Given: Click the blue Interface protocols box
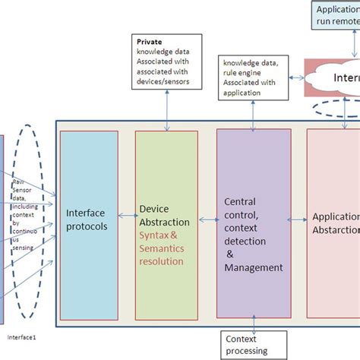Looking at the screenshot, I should [x=89, y=225].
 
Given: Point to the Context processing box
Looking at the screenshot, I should [x=248, y=345].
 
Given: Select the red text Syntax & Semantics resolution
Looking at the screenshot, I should [x=163, y=248].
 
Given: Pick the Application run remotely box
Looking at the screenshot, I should [x=335, y=14].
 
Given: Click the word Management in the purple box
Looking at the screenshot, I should [x=254, y=267].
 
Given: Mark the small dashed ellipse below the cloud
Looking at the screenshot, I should [x=327, y=107].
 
